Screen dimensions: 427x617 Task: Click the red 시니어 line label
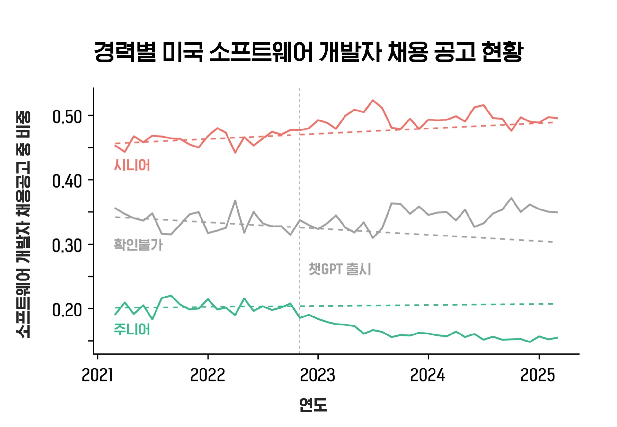[132, 165]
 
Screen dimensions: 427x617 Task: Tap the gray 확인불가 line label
[138, 245]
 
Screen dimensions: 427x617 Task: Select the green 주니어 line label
[132, 329]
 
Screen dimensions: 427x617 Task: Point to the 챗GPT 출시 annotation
[340, 269]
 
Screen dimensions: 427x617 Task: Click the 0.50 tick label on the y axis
[67, 117]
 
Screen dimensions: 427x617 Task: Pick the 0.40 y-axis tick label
[67, 182]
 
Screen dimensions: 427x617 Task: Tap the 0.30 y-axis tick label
[67, 246]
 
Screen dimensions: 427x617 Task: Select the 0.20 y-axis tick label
[67, 310]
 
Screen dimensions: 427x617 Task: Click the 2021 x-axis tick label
[97, 375]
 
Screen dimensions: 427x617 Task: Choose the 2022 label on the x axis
[208, 375]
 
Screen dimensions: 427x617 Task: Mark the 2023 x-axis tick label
[317, 375]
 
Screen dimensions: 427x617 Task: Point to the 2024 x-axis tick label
[428, 375]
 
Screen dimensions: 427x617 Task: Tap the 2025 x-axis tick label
[538, 375]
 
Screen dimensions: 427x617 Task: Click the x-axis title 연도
[313, 405]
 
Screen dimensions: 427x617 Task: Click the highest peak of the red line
[373, 100]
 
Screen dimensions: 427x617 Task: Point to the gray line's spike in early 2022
[235, 200]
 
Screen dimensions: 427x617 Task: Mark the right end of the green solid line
[557, 338]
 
